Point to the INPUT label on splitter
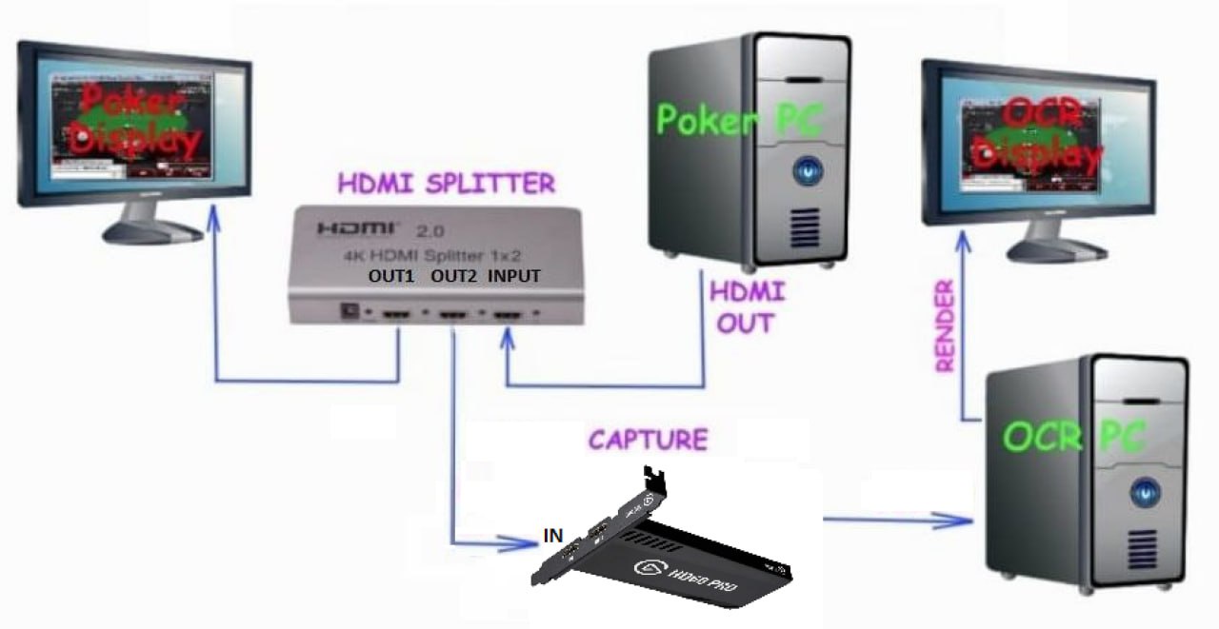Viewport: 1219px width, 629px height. tap(514, 277)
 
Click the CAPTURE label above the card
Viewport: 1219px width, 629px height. tap(648, 440)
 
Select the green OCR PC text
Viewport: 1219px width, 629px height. tap(1074, 437)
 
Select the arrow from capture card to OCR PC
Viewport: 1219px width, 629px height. tap(895, 520)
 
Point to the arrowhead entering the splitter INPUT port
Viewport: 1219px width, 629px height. tap(508, 338)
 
